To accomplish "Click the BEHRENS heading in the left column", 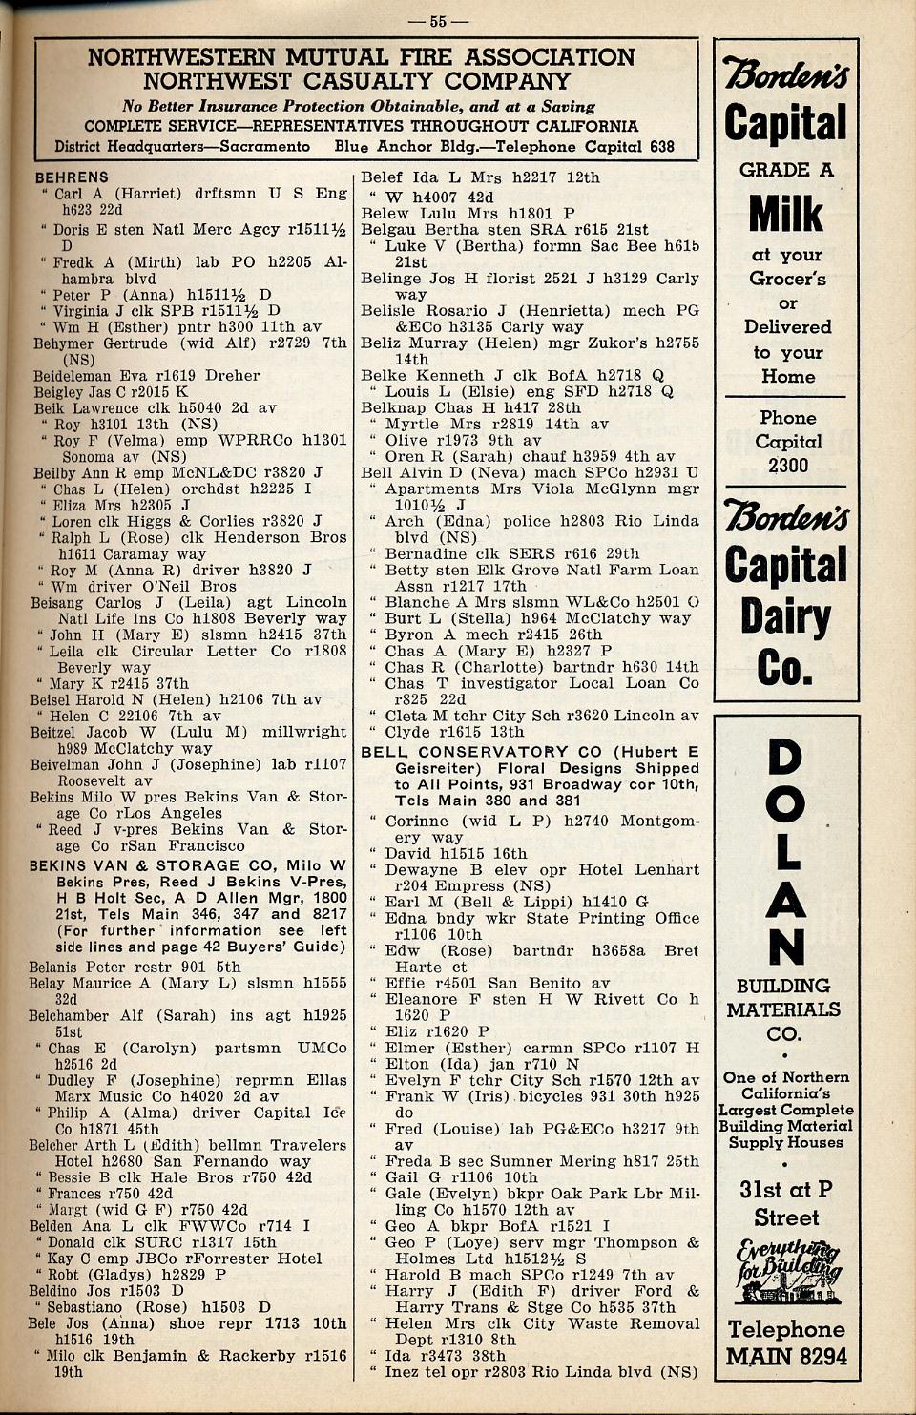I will tap(72, 177).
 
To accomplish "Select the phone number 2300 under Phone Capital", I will tap(787, 466).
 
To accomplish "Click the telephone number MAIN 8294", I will tap(786, 1356).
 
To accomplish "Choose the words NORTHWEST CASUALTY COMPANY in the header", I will tap(357, 81).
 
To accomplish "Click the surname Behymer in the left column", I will tap(65, 343).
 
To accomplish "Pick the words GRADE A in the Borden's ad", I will tap(786, 170).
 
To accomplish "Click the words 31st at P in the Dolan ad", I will tap(785, 1189).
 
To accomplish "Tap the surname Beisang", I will tap(64, 602).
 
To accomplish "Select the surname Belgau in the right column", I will tap(388, 229).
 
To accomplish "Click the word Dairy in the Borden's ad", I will tap(785, 617).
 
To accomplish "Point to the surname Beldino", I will tap(62, 1290).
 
